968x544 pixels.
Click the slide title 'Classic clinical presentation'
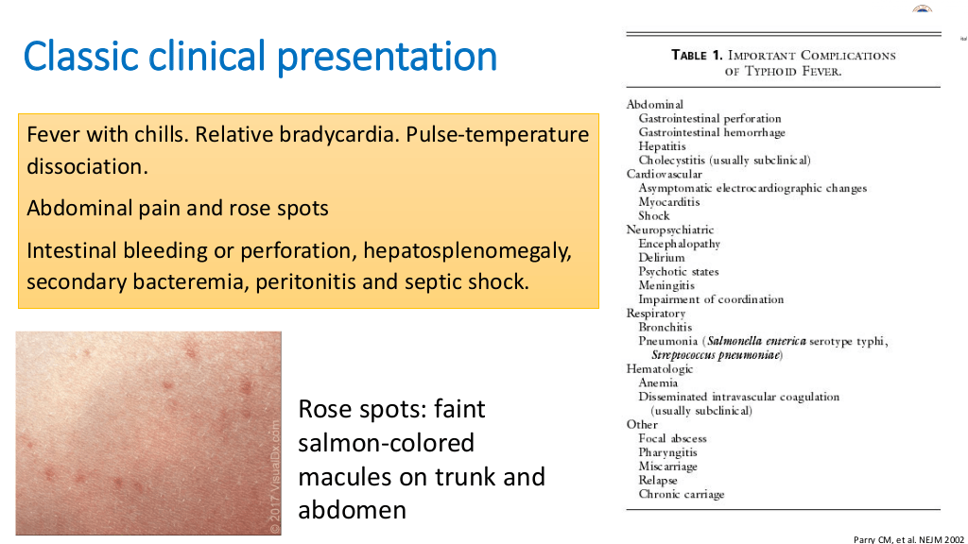[260, 56]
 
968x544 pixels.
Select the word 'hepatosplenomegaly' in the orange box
[467, 250]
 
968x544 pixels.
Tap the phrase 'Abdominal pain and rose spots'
[177, 209]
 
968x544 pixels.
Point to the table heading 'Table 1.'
[697, 56]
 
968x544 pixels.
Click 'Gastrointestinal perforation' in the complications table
[709, 118]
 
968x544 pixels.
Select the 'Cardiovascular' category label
[664, 174]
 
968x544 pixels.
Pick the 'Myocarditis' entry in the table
[668, 202]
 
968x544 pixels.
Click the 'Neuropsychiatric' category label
[670, 229]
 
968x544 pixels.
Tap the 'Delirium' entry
[661, 257]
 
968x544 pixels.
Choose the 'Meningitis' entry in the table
[666, 285]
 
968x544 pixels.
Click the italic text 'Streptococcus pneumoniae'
[717, 355]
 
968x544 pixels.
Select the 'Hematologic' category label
[659, 369]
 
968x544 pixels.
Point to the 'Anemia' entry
[658, 382]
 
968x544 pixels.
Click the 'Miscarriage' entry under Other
[667, 467]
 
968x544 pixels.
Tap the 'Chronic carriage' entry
[681, 494]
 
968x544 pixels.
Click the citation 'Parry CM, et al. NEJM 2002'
[908, 539]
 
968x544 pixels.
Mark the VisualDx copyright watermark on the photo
[275, 477]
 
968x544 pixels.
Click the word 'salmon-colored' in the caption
[387, 443]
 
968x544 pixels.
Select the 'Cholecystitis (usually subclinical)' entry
[724, 161]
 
